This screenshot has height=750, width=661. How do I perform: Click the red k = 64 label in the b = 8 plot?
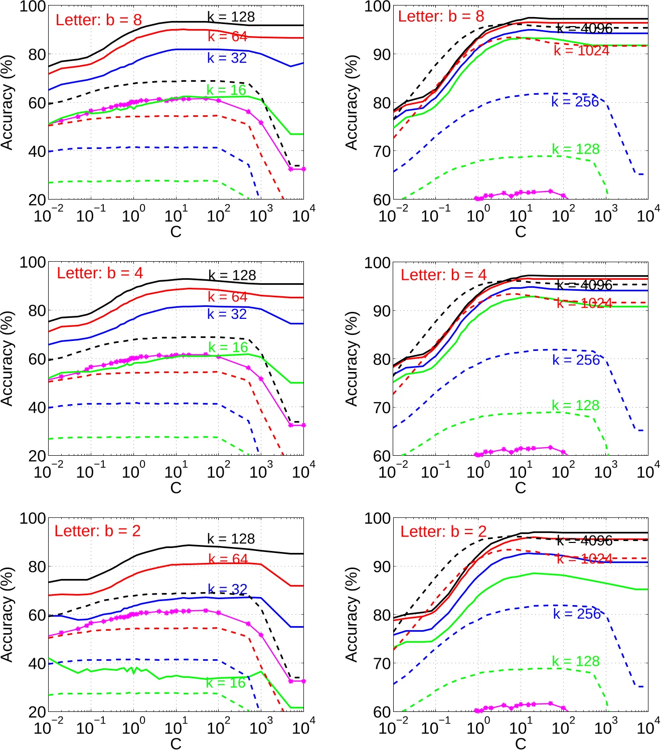(x=227, y=37)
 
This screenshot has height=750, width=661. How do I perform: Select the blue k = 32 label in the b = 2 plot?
(x=227, y=589)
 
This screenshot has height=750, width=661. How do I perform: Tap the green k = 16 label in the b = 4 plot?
(x=228, y=347)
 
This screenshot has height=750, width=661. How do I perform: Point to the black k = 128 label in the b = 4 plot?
(x=232, y=275)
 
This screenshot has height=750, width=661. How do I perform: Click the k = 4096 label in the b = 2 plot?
(x=584, y=540)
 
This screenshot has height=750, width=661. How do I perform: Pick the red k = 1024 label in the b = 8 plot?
(x=581, y=51)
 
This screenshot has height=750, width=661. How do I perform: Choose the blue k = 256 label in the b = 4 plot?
(x=576, y=360)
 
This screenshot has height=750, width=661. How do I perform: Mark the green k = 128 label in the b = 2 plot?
(x=575, y=661)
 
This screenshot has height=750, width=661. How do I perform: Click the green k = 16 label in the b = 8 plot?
(x=226, y=90)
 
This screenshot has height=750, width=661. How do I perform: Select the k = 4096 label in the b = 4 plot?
(x=584, y=285)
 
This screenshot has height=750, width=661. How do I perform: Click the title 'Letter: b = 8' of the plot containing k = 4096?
(x=441, y=17)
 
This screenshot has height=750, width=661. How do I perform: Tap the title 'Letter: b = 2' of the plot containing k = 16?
(x=97, y=531)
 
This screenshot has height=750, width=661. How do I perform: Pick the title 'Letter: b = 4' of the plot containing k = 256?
(x=443, y=275)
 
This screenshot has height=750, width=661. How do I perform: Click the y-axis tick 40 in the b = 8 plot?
(x=37, y=151)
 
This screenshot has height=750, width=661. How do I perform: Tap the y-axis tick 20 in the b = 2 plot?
(x=37, y=712)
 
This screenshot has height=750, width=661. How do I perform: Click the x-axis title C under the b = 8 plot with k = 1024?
(x=521, y=232)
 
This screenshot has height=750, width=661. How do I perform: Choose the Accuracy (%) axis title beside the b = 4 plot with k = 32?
(x=7, y=358)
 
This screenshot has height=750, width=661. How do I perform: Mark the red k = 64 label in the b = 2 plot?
(x=228, y=558)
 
